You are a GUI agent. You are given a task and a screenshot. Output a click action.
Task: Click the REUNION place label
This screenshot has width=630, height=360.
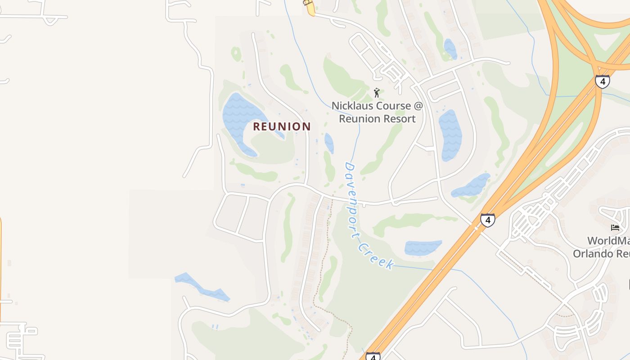tap(282, 126)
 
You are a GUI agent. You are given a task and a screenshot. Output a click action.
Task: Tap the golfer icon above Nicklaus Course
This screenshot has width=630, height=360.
tap(377, 93)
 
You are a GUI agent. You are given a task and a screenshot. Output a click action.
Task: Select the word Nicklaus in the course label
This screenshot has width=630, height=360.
tap(352, 106)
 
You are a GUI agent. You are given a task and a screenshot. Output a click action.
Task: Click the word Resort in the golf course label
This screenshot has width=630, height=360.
tap(397, 119)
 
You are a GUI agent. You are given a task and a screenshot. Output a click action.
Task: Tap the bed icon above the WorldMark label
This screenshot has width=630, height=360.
tap(615, 228)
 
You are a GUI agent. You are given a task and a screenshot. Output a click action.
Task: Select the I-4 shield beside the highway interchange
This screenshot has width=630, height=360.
tap(602, 81)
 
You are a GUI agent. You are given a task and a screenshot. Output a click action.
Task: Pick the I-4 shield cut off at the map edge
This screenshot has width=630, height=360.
tap(373, 356)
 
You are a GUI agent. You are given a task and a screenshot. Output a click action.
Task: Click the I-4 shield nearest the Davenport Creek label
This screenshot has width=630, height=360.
tap(488, 220)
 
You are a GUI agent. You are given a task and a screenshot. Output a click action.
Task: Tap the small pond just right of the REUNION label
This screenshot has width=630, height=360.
tap(329, 143)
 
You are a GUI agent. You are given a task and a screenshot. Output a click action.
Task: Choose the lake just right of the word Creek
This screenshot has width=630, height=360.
tap(423, 248)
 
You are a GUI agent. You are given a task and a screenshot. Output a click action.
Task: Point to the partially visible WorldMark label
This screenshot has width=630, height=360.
tap(608, 241)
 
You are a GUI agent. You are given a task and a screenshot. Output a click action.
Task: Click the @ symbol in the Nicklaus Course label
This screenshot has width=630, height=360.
tap(418, 106)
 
